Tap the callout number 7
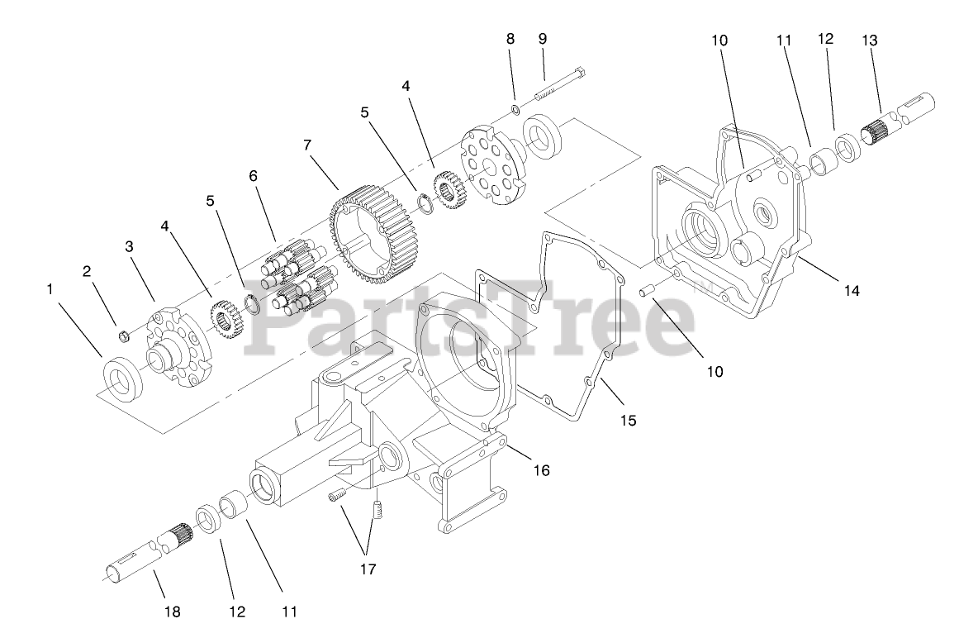point(307,145)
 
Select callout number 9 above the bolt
point(542,38)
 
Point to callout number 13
point(869,40)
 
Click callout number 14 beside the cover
point(852,290)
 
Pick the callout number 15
point(628,420)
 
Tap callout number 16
point(541,470)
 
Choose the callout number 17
point(367,569)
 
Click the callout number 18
point(172,612)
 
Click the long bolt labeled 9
point(562,84)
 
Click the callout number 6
point(253,176)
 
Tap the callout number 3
point(130,245)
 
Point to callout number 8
point(510,38)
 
